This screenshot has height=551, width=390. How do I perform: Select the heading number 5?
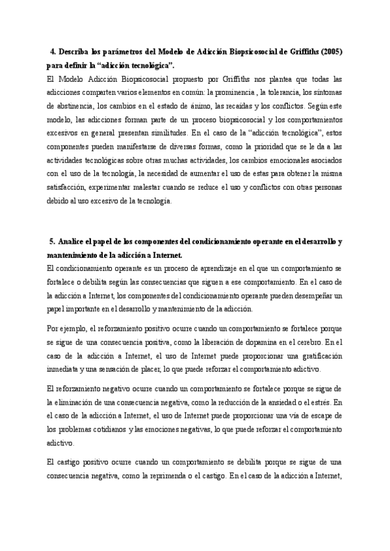pyautogui.click(x=52, y=242)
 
